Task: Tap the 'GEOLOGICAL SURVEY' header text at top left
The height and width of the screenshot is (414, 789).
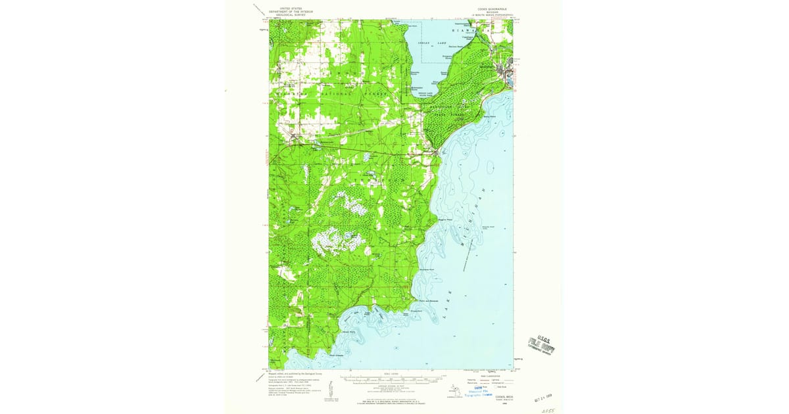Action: pos(295,15)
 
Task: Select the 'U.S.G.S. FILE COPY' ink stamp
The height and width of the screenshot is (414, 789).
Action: pos(541,343)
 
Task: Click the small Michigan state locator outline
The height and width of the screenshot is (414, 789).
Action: pos(452,392)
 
